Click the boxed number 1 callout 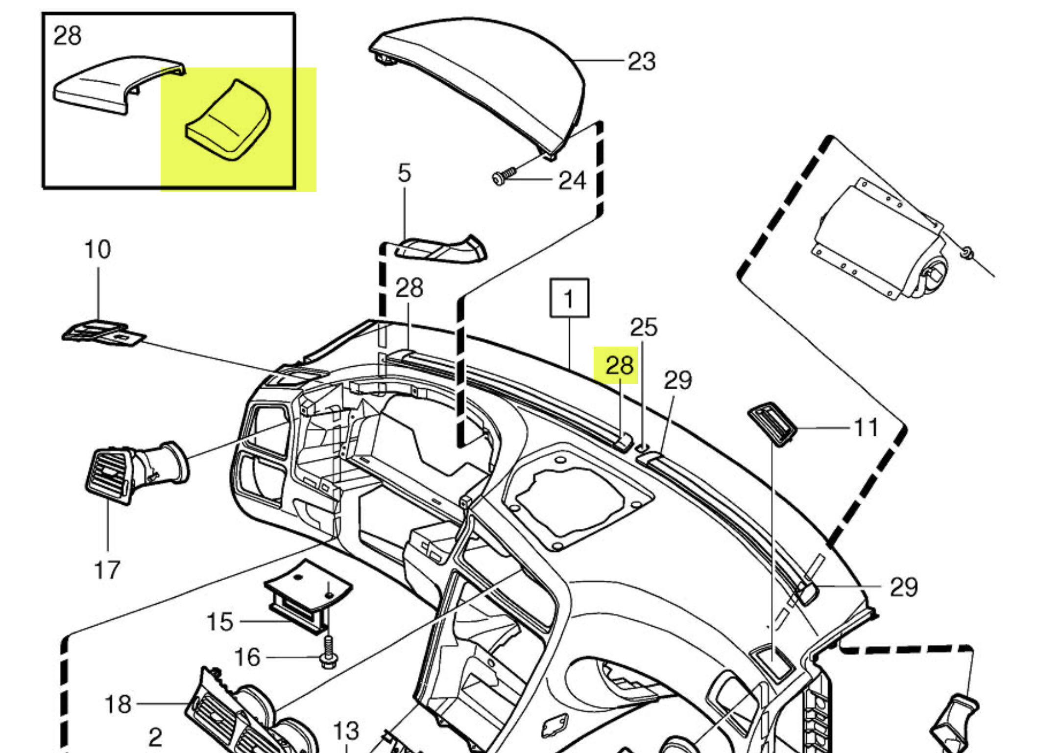click(x=569, y=298)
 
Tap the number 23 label click(x=641, y=62)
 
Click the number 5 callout click(x=404, y=173)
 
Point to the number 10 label click(x=97, y=249)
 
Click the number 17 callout click(x=107, y=570)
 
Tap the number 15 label click(x=219, y=622)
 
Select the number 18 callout click(x=118, y=704)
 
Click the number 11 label click(x=866, y=427)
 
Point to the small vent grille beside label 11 click(x=772, y=423)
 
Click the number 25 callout click(x=643, y=327)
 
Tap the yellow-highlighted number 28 click(x=619, y=365)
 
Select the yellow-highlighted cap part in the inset click(x=228, y=121)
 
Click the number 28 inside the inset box click(x=67, y=36)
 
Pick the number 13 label click(x=346, y=731)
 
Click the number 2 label click(x=155, y=737)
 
